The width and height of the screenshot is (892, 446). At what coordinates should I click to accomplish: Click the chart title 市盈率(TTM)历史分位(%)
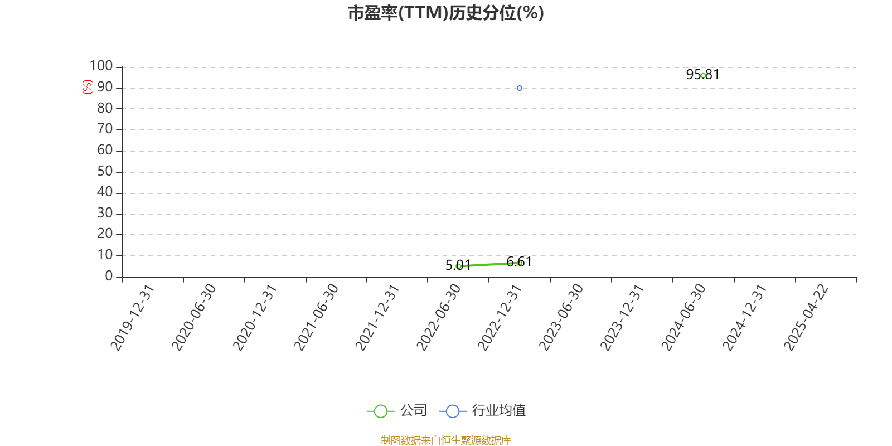pos(445,13)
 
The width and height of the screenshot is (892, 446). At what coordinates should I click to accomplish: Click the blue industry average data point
pos(519,88)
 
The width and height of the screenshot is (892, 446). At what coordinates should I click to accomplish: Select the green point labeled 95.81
pos(703,76)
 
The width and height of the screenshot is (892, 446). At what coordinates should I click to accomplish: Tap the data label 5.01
pos(458,265)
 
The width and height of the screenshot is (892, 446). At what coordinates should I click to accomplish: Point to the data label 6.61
pos(519,262)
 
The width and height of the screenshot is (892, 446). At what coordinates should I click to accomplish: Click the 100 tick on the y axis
pos(101,66)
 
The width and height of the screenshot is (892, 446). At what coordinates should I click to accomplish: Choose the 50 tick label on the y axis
pos(105,171)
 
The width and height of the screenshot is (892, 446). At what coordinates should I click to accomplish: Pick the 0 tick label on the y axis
pos(109,276)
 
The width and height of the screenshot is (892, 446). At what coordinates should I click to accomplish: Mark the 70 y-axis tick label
pos(105,129)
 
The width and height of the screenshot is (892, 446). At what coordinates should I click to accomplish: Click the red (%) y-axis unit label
pos(87,87)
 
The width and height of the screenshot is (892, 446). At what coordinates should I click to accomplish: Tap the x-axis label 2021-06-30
pos(316,317)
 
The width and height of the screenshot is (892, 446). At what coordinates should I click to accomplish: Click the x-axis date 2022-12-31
pos(500,317)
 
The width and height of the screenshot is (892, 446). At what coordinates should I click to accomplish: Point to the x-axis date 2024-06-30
pos(683,317)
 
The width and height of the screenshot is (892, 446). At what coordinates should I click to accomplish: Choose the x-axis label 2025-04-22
pos(806,317)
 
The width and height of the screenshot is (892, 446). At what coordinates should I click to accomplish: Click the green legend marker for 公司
pos(380,411)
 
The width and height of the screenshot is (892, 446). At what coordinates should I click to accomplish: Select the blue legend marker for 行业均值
pos(452,411)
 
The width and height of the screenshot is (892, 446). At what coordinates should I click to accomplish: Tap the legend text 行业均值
pos(498,410)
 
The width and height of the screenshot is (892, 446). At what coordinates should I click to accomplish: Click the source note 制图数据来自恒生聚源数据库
pos(445,440)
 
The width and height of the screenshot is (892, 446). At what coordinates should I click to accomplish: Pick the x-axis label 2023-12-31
pos(622,317)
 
